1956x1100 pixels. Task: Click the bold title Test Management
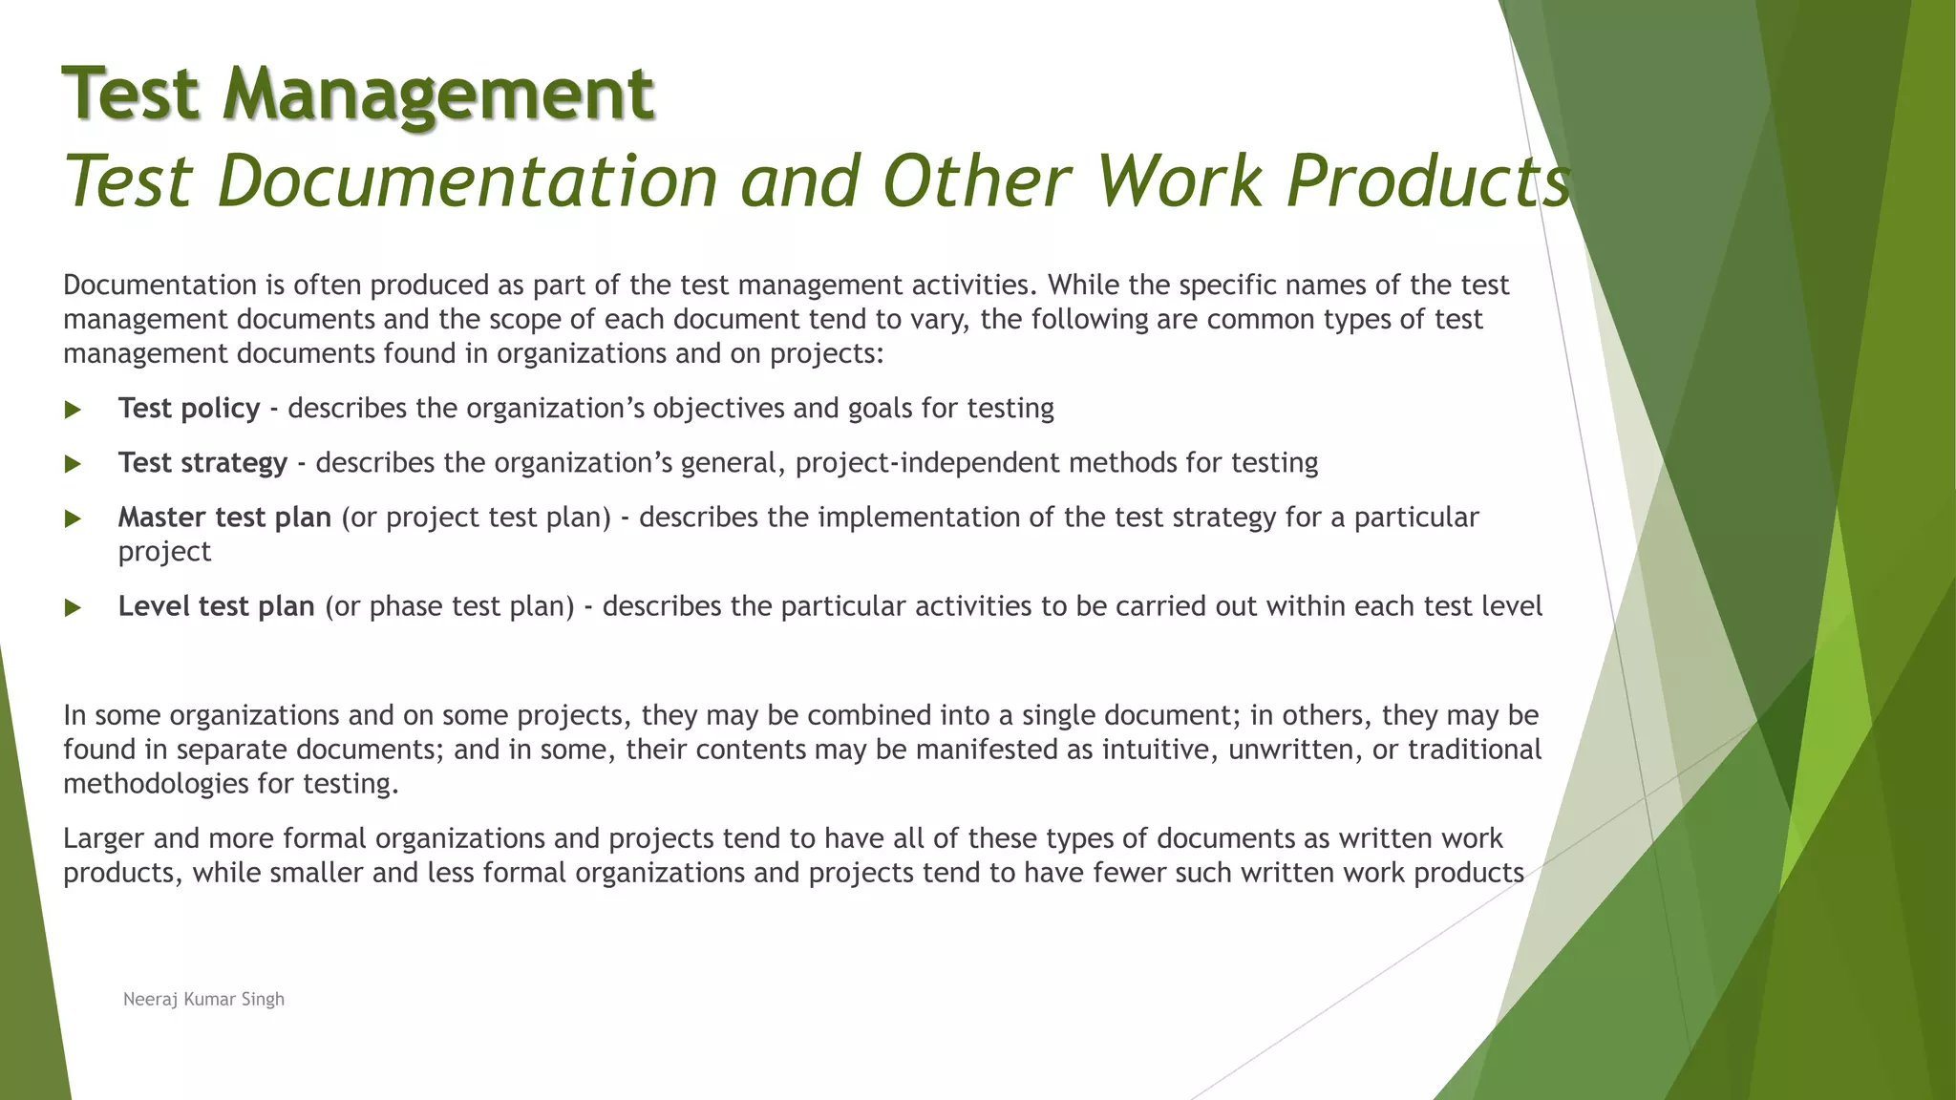[358, 94]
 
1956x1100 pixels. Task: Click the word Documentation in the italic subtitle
[467, 181]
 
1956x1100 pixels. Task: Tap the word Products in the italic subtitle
[1428, 181]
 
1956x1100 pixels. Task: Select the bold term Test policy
[189, 409]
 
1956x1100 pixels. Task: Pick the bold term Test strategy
[202, 463]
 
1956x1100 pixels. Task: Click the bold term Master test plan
[224, 518]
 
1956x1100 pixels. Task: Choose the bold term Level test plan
[216, 606]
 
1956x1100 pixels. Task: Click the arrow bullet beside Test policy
[73, 410]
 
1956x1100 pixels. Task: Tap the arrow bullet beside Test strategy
[73, 464]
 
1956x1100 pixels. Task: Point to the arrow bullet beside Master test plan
[73, 518]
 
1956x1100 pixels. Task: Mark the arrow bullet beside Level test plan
[73, 607]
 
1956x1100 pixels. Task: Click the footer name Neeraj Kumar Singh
[203, 999]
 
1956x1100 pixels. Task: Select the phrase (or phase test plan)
[450, 606]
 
